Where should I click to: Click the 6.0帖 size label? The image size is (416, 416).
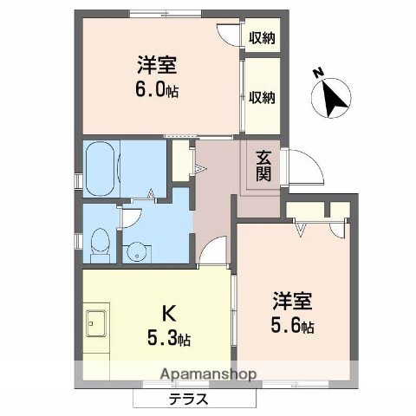pyautogui.click(x=158, y=91)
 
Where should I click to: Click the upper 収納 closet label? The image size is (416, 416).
pyautogui.click(x=262, y=37)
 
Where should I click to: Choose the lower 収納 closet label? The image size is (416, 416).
pyautogui.click(x=262, y=97)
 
